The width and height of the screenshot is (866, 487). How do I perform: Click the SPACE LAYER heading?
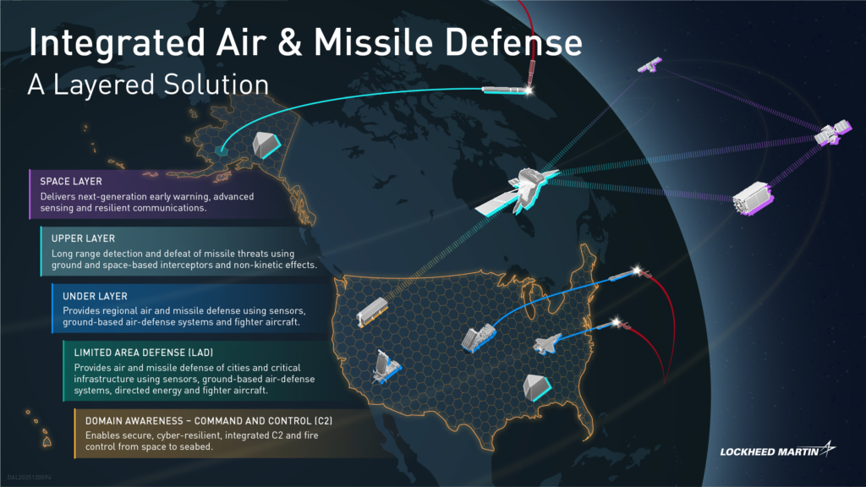[x=71, y=181]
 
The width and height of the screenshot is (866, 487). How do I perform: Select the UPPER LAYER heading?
[x=83, y=238]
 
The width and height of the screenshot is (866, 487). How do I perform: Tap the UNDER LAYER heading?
[x=95, y=296]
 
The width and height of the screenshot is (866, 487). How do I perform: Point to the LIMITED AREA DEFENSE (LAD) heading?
[x=144, y=353]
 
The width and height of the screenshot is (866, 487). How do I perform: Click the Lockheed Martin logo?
[x=778, y=450]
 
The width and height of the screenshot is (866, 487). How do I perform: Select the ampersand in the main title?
[x=290, y=43]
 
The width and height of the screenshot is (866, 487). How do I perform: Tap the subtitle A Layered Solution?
[x=148, y=85]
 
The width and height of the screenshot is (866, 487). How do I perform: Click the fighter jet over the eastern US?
[x=547, y=344]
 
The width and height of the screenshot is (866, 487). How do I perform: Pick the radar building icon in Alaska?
[x=266, y=145]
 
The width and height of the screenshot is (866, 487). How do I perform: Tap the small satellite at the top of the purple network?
[x=649, y=65]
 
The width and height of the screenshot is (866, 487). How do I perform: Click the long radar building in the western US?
[x=372, y=312]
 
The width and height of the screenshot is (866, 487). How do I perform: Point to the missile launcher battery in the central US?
[x=479, y=337]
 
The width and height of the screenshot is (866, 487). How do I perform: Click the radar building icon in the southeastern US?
[x=536, y=387]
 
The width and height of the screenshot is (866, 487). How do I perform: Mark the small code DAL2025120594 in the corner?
[x=30, y=477]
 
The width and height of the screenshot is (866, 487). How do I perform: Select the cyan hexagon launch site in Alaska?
[x=221, y=150]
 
